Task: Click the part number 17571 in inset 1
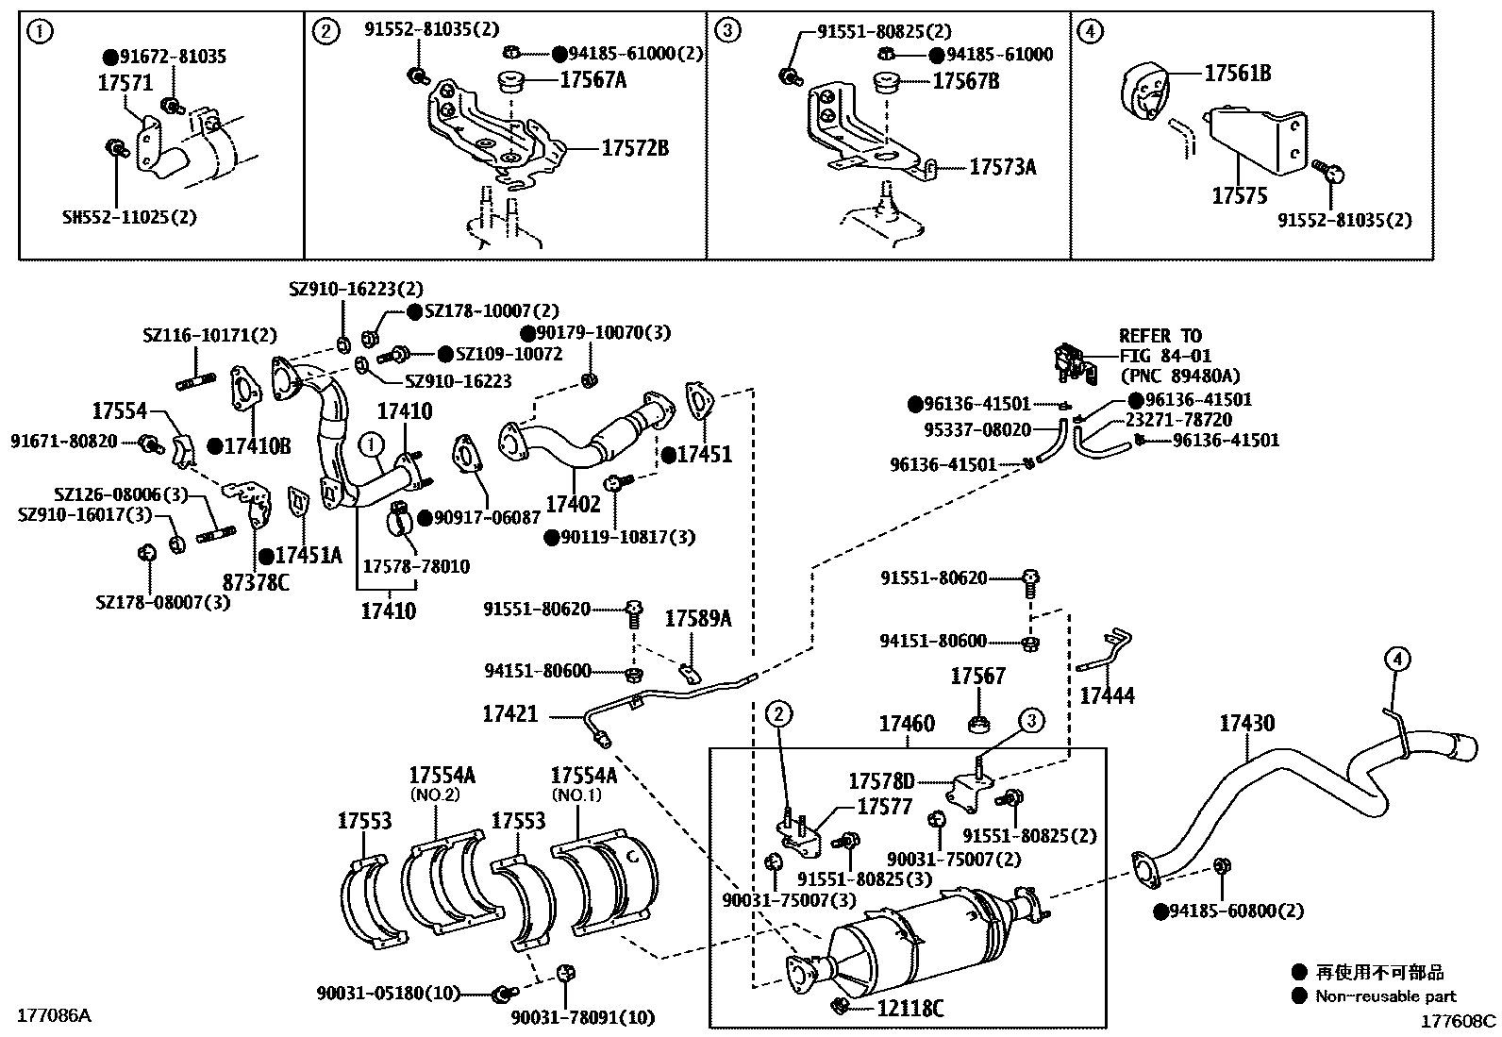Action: point(125,84)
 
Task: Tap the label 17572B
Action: point(635,148)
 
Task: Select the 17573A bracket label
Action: point(1002,167)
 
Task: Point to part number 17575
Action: point(1240,196)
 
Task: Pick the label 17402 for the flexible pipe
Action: point(573,505)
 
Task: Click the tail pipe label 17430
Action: point(1246,723)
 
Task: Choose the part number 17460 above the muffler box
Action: point(907,724)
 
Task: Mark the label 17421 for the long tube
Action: point(510,714)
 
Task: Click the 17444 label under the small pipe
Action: point(1107,696)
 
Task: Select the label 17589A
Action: point(698,618)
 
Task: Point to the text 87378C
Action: point(256,582)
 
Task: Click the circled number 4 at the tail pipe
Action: point(1397,659)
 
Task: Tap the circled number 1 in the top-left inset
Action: point(40,32)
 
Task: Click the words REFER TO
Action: point(1160,336)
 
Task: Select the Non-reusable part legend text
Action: point(1386,995)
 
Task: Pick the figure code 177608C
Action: point(1459,1020)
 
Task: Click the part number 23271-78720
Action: point(1178,420)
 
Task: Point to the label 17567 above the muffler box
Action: point(977,676)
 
